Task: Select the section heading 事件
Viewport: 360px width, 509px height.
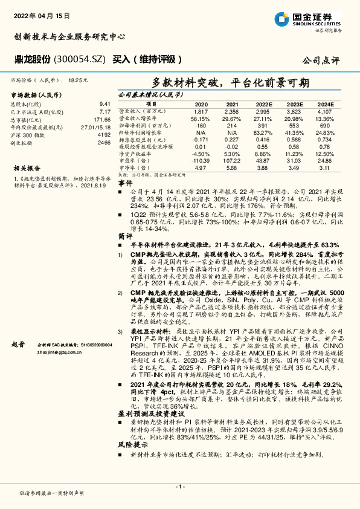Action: tap(125, 183)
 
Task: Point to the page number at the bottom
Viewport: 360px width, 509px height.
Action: tap(179, 486)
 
